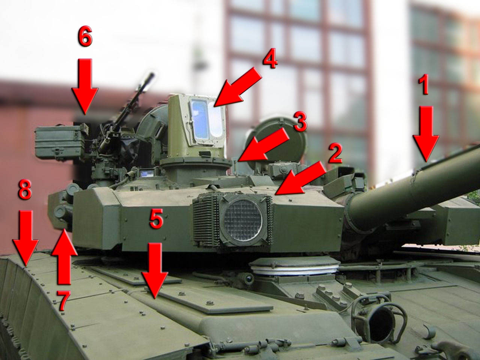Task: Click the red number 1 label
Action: [424, 84]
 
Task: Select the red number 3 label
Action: [300, 121]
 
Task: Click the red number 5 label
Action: [156, 219]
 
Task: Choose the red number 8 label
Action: [25, 190]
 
